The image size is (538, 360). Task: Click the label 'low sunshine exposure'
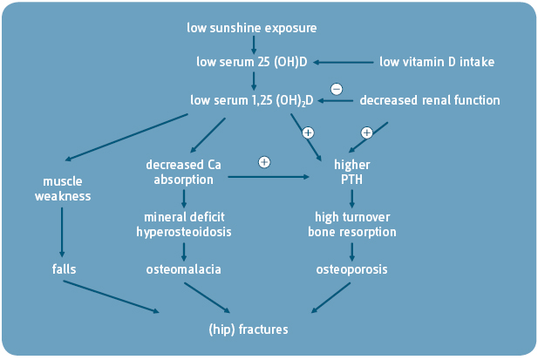[x=252, y=28]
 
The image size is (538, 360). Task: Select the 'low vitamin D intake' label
[x=437, y=62]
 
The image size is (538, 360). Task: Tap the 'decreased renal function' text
[x=430, y=100]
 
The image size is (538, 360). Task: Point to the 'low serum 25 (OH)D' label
[x=252, y=62]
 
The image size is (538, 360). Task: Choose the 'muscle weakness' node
[x=63, y=188]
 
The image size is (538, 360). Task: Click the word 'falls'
[x=64, y=269]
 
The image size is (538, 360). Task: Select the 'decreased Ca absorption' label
[x=184, y=172]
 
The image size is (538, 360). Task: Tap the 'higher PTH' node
[x=351, y=172]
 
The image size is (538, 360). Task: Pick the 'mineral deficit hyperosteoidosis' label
[x=183, y=224]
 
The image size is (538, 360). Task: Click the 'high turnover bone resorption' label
[x=351, y=224]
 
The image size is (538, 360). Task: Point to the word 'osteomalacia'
[x=183, y=269]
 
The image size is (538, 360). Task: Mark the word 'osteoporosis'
[x=351, y=269]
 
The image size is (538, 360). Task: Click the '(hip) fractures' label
[x=249, y=329]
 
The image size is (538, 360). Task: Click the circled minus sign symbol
[x=337, y=88]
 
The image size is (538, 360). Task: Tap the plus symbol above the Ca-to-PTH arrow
[x=264, y=162]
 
